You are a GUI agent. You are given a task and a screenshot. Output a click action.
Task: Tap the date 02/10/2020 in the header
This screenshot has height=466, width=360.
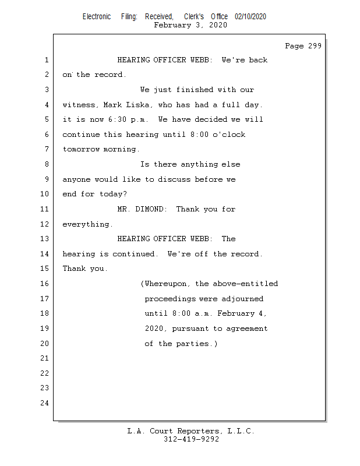[250, 17]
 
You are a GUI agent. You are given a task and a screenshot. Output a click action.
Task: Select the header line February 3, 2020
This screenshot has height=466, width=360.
[190, 25]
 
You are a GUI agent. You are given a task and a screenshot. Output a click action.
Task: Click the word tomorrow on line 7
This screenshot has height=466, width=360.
[82, 149]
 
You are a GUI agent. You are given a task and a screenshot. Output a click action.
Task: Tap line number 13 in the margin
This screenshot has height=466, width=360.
[45, 239]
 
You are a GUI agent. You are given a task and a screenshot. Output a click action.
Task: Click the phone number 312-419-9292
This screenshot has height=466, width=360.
[190, 439]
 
